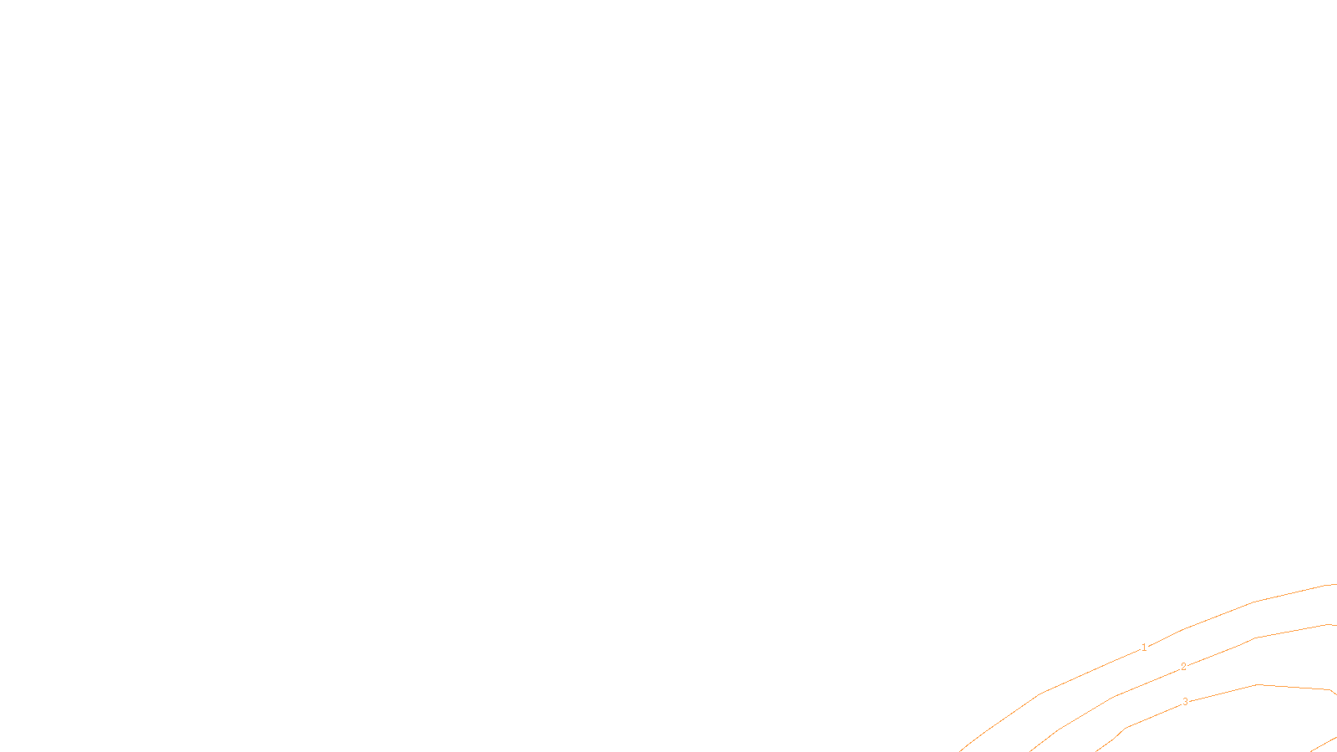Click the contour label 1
[x=1144, y=648]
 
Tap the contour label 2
[x=1183, y=667]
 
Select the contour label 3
[x=1185, y=702]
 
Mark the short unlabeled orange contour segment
[x=1324, y=744]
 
